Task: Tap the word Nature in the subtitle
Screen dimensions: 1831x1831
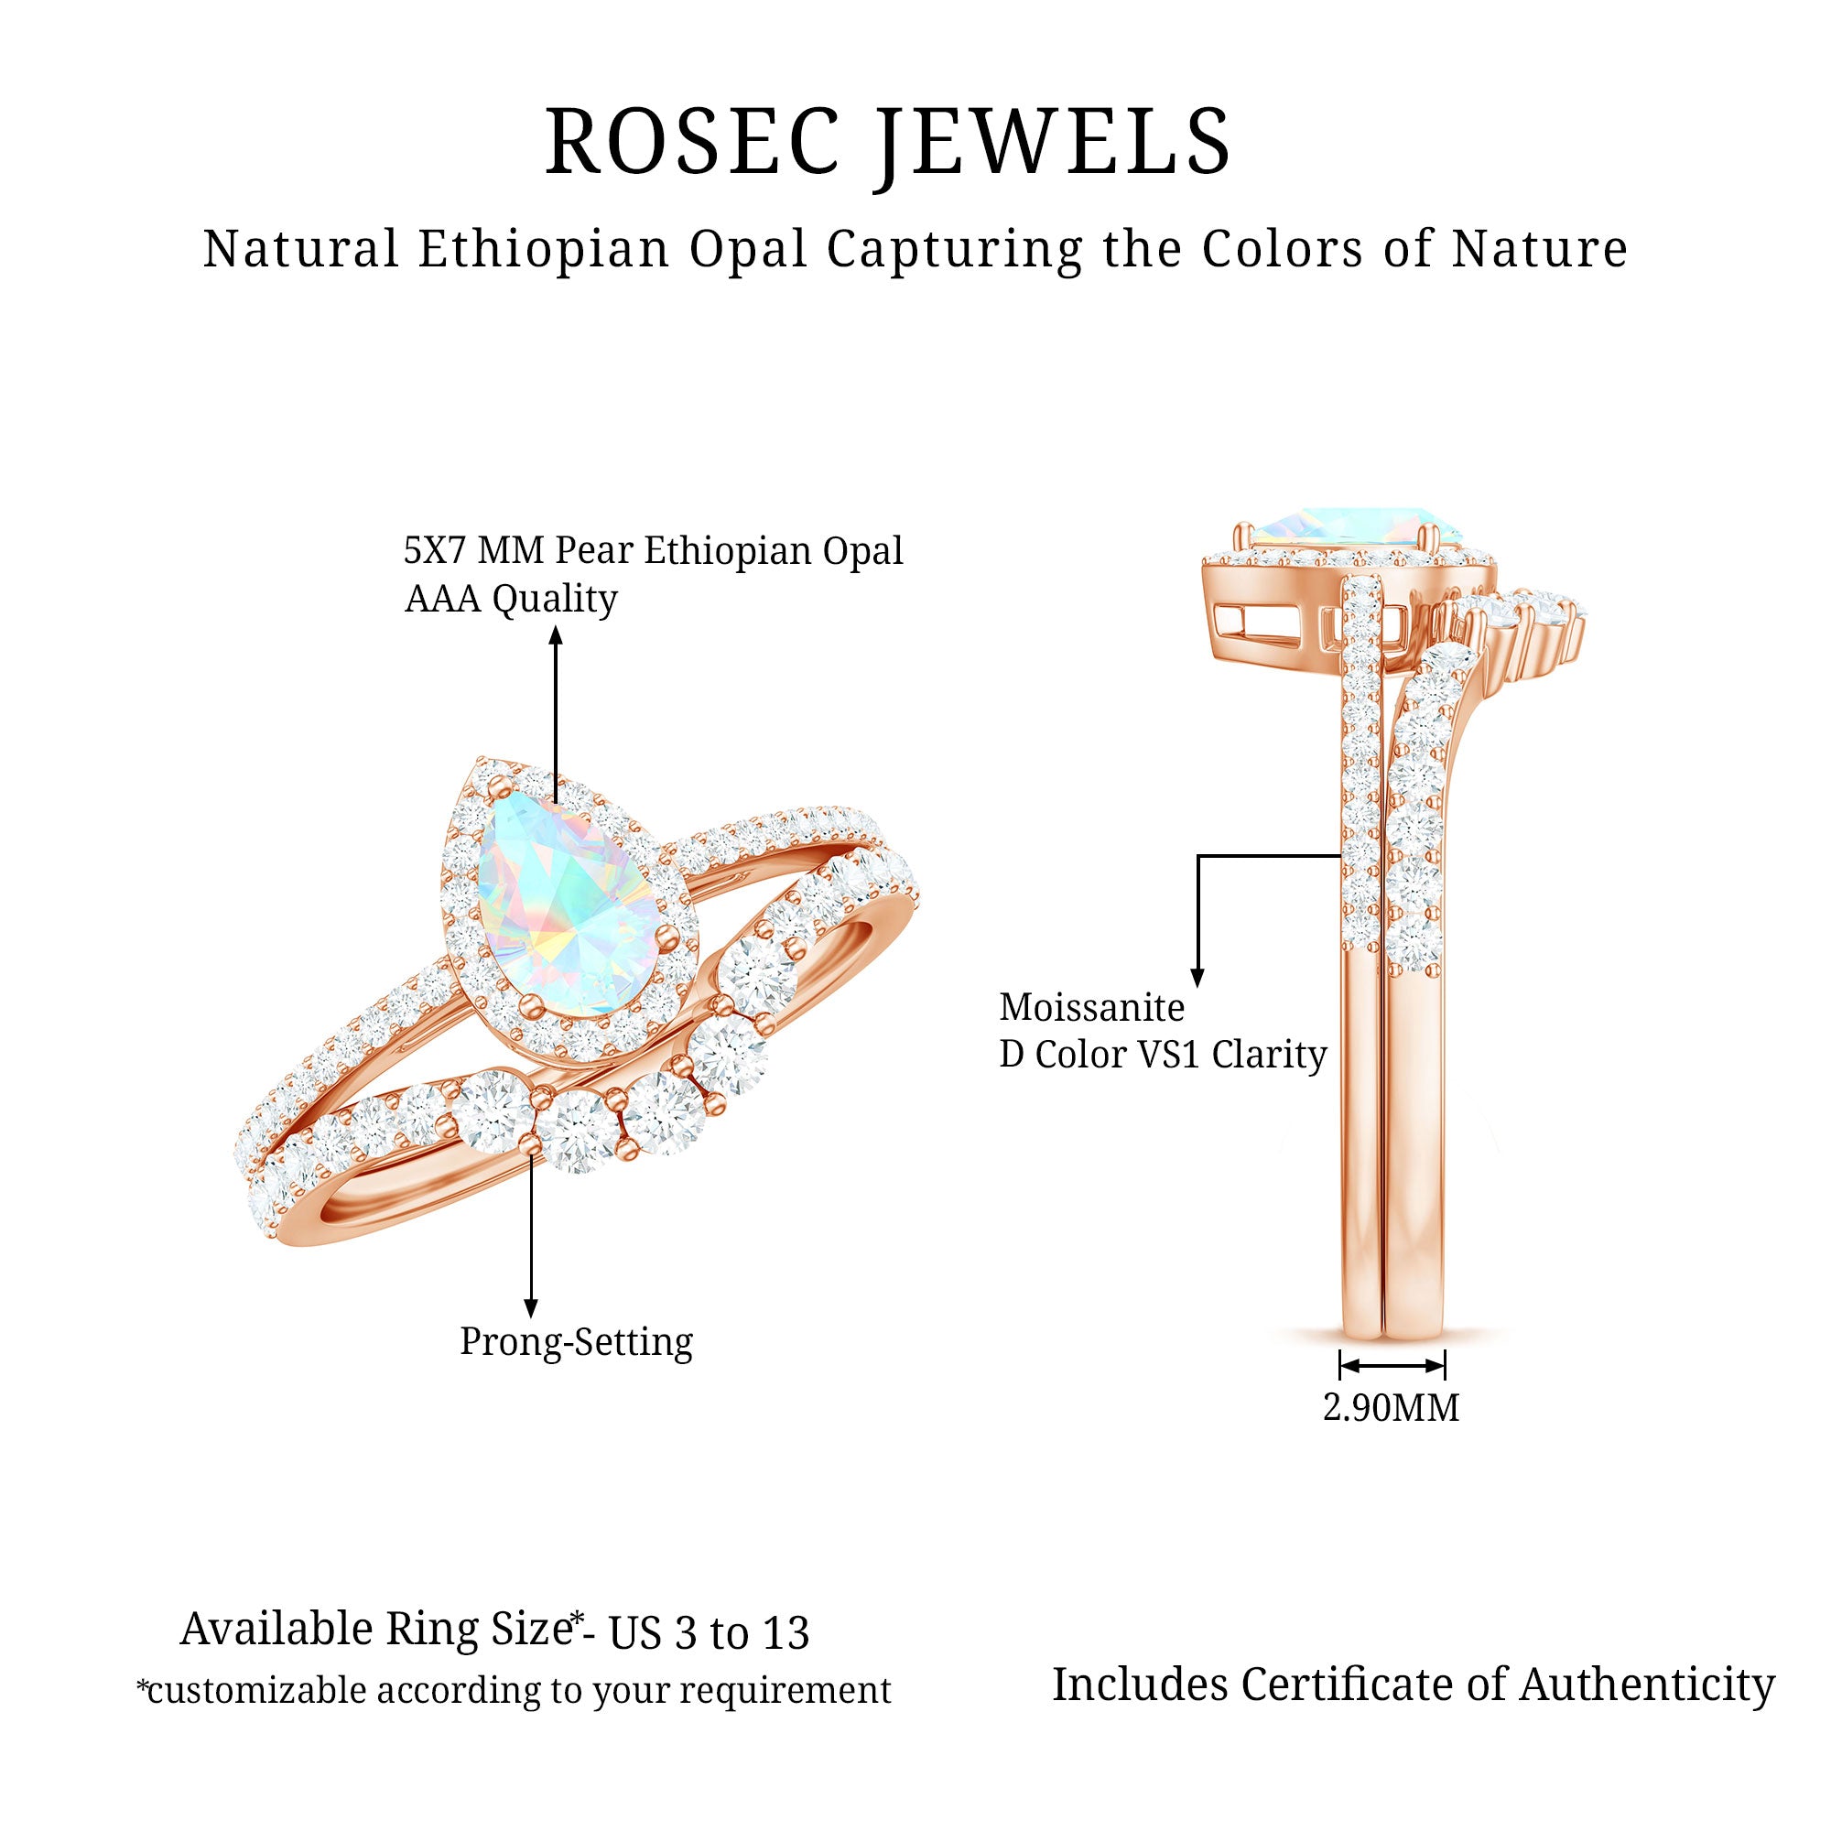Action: coord(1540,249)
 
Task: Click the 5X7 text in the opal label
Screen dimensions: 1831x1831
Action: coord(434,550)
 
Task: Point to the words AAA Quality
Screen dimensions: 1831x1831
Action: coord(511,599)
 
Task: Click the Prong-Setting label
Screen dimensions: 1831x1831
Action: coord(576,1342)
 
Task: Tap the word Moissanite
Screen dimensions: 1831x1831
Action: coord(1092,1007)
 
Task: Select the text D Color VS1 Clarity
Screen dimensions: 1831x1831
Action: coord(1163,1055)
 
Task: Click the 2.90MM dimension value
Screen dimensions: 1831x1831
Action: coord(1392,1408)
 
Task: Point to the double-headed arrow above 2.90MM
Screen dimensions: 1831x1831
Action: coord(1392,1366)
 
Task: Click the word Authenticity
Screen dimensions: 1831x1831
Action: coord(1647,1685)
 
